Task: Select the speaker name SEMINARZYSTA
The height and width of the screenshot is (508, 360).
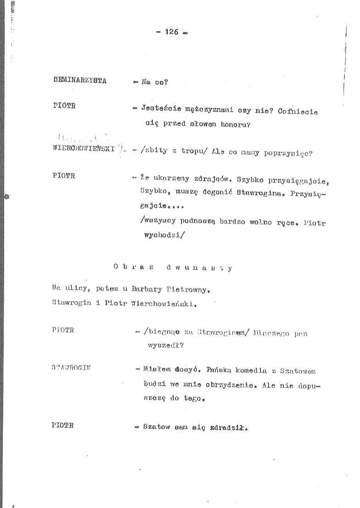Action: (x=80, y=81)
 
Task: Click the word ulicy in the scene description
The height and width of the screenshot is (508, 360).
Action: (x=74, y=289)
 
